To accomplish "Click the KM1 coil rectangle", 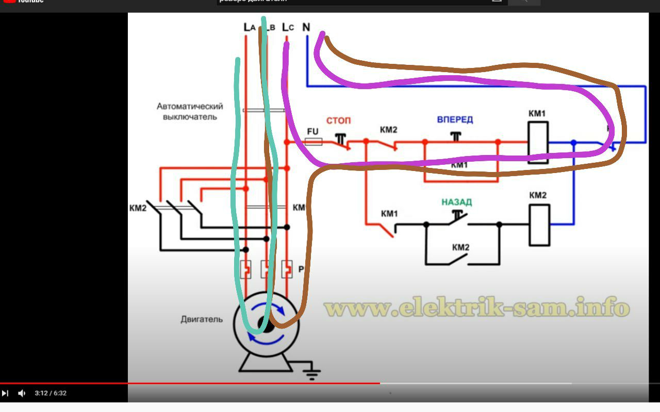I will [537, 142].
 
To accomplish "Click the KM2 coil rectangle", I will [539, 225].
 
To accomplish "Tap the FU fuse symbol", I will [313, 141].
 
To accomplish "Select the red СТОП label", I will [338, 121].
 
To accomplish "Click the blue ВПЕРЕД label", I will [455, 119].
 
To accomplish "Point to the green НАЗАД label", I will [456, 202].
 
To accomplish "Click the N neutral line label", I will [306, 27].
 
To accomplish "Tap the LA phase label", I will [249, 27].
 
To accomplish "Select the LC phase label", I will [288, 27].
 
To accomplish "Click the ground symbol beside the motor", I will [311, 372].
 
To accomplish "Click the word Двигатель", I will [202, 319].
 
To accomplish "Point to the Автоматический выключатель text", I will [190, 111].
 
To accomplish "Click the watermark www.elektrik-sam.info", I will [477, 308].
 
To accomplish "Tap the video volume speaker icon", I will [22, 393].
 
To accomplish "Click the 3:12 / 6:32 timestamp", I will [51, 393].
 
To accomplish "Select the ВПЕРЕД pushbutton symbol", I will [455, 136].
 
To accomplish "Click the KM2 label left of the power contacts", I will [138, 208].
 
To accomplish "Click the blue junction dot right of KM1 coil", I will [573, 142].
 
